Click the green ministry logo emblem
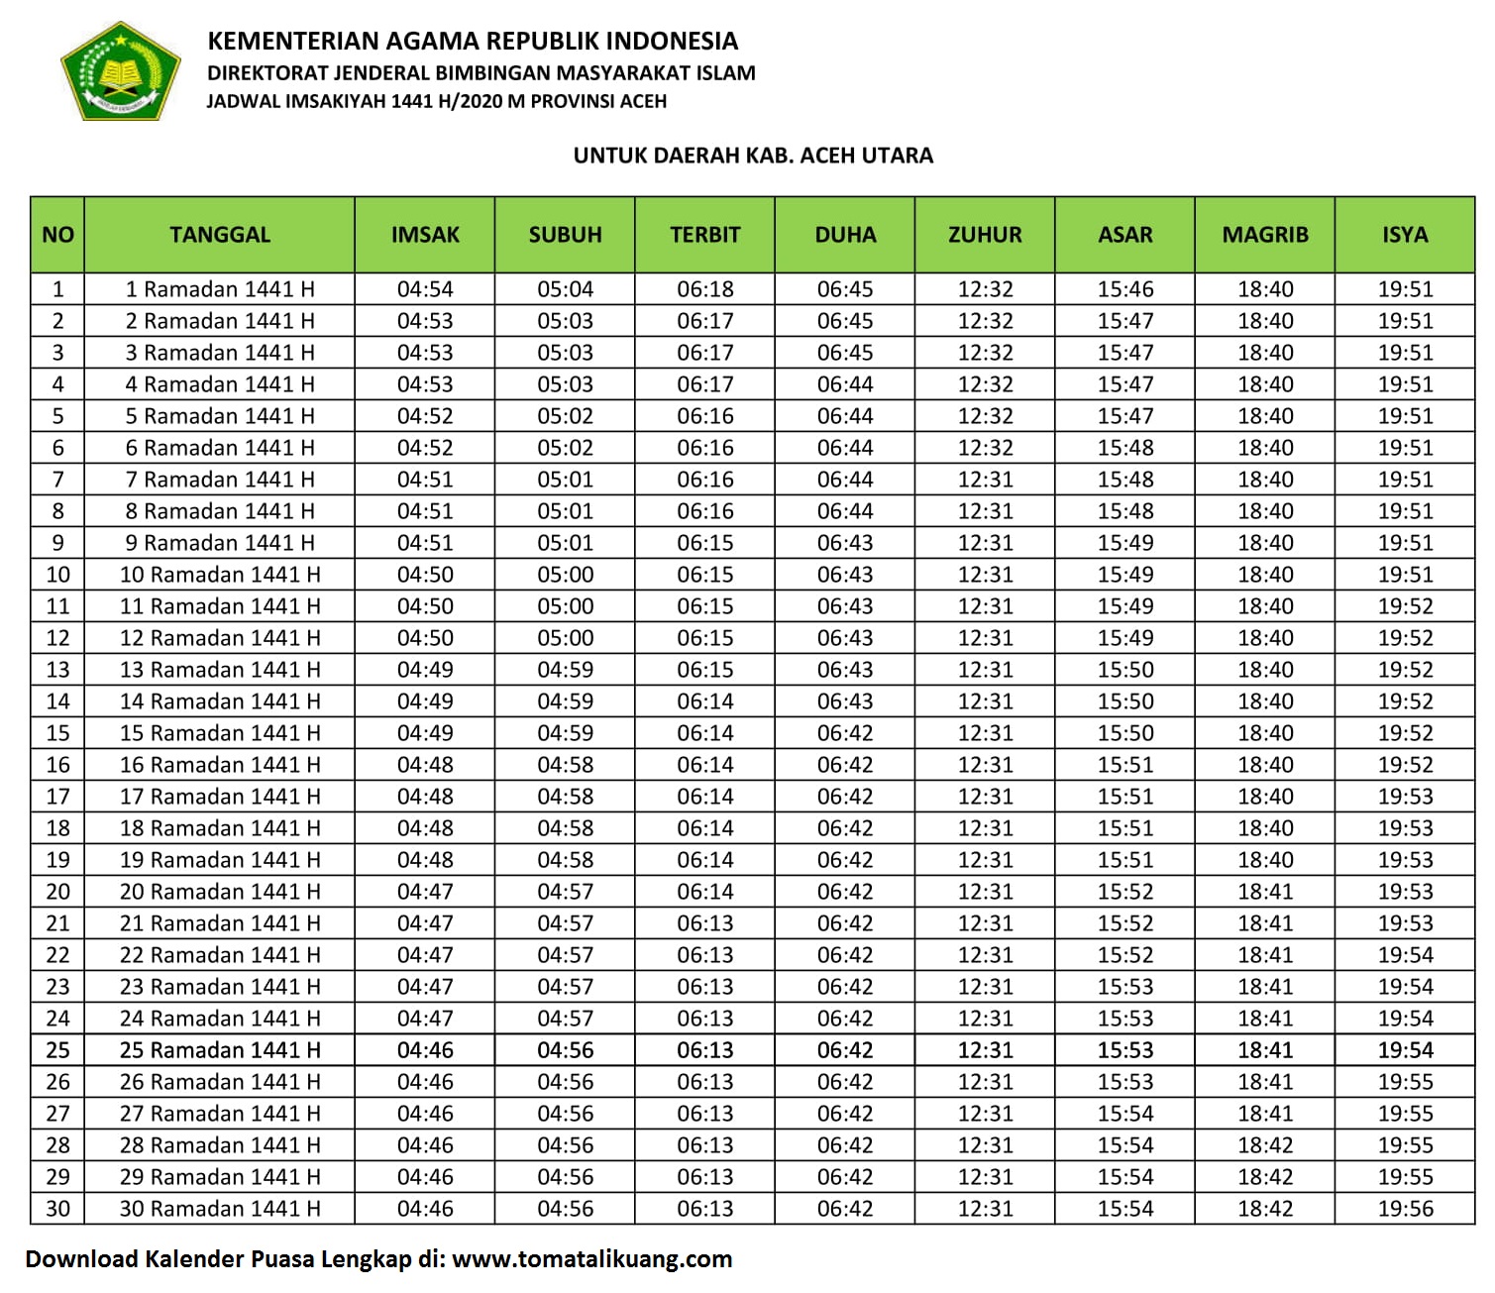pos(120,71)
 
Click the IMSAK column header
pos(425,235)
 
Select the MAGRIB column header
pos(1265,235)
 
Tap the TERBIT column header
pos(705,235)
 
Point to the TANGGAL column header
pos(220,235)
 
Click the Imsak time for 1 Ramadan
pos(425,289)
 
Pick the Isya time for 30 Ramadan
pos(1405,1209)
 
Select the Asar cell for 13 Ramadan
pos(1125,670)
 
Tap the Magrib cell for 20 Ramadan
pos(1265,892)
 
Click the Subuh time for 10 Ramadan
pos(566,575)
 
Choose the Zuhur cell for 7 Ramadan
pos(986,480)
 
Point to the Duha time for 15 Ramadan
pos(845,733)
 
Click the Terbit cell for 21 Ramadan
pos(705,923)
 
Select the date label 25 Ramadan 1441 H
pos(220,1050)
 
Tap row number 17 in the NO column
pos(58,797)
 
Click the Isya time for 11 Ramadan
pos(1405,606)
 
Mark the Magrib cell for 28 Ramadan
pos(1265,1145)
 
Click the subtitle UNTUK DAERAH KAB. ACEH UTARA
pos(753,156)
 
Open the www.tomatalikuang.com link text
pos(591,1259)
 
